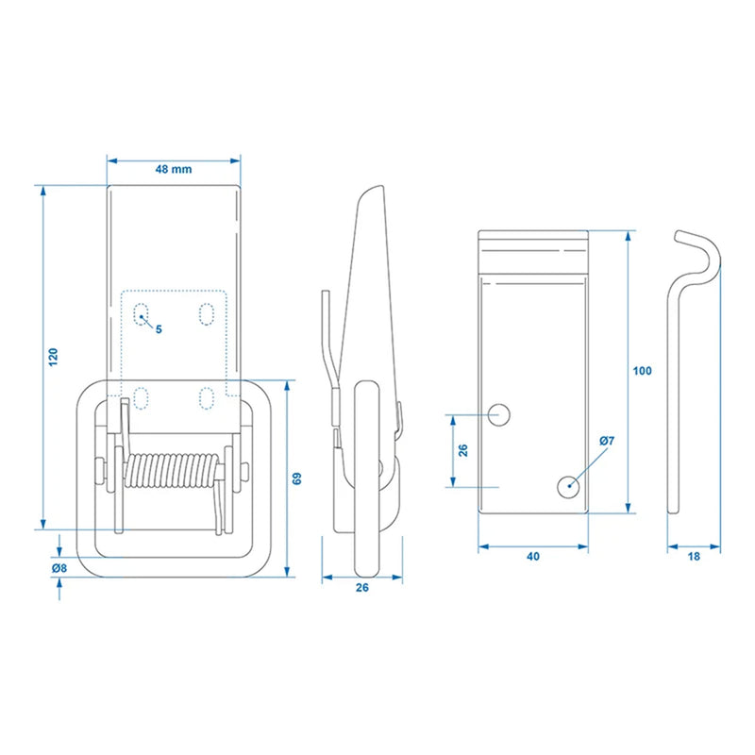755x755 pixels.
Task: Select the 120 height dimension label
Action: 54,356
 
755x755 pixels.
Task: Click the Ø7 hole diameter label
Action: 606,442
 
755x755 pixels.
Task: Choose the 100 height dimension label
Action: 642,371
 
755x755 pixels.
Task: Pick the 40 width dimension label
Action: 533,557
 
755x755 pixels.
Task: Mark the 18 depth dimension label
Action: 694,557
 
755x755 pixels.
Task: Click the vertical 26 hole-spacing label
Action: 463,450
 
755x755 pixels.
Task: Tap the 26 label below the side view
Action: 361,587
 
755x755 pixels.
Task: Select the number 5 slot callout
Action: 159,329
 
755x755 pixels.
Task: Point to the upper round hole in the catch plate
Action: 500,413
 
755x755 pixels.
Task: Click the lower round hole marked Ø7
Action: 567,486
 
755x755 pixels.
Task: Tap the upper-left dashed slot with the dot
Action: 142,314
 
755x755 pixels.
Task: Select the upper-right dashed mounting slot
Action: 205,314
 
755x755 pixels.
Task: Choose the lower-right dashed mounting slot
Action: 205,397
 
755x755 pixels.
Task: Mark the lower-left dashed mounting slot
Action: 142,397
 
